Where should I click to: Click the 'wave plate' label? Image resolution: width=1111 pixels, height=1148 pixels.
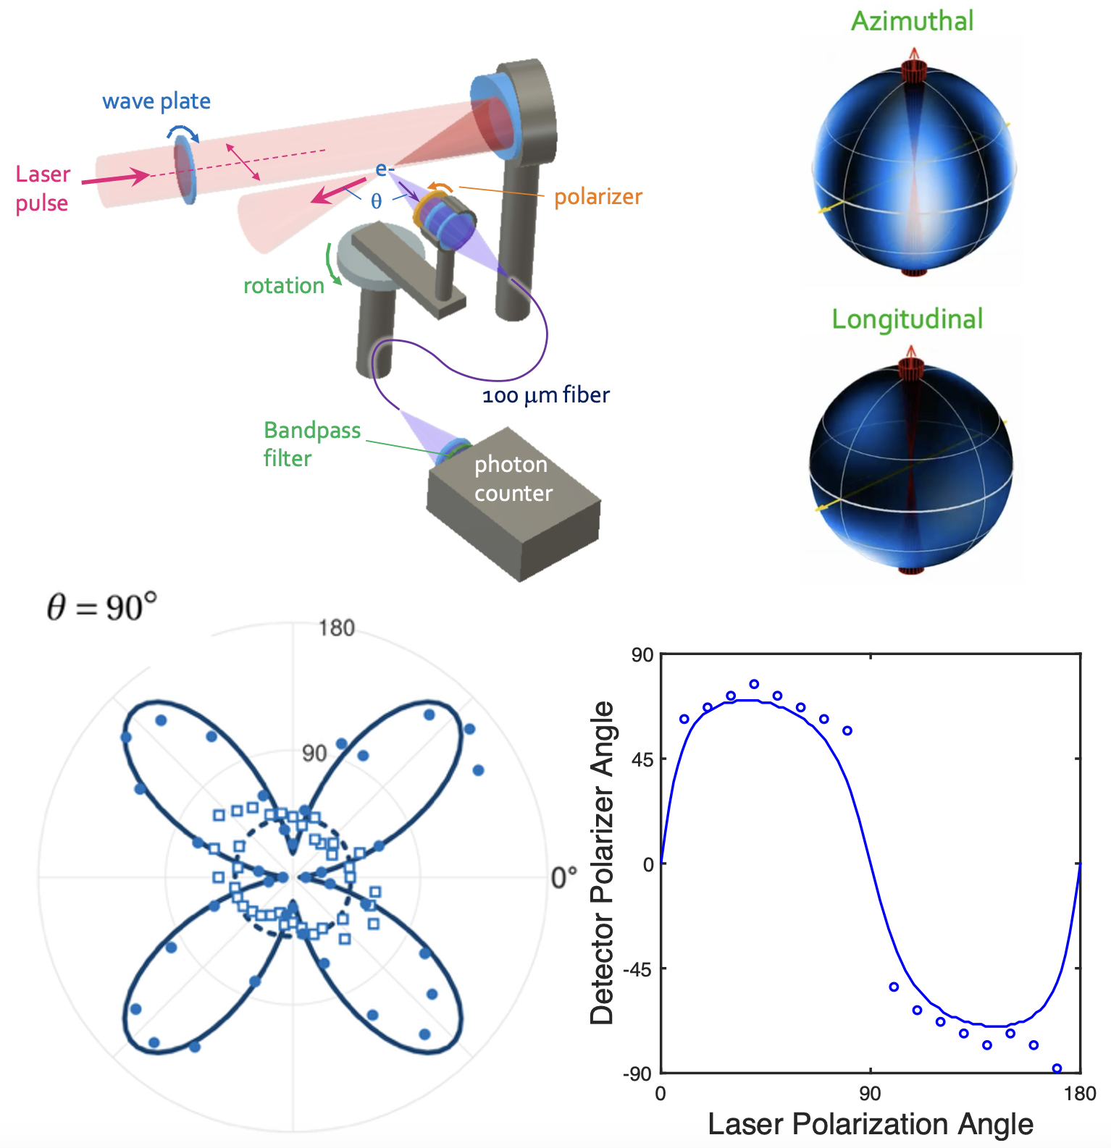click(156, 101)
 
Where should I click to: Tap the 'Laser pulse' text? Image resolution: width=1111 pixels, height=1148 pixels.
click(43, 188)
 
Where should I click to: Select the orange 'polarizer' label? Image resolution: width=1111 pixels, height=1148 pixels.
click(598, 197)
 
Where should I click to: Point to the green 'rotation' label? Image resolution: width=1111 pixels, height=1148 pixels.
click(284, 286)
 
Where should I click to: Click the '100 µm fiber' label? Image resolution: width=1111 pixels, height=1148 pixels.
click(546, 395)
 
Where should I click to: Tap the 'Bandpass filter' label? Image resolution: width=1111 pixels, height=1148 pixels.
click(312, 444)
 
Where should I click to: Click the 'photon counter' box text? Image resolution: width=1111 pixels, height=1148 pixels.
click(513, 478)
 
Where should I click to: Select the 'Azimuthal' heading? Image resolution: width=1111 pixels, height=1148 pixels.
click(912, 21)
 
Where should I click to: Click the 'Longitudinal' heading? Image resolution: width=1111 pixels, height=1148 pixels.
click(907, 319)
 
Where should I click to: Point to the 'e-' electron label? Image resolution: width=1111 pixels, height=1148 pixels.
click(385, 170)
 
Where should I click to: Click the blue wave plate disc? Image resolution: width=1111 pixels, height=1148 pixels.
click(185, 172)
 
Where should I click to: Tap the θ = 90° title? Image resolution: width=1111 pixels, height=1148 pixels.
click(102, 607)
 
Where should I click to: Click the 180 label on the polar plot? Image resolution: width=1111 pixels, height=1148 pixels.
click(337, 628)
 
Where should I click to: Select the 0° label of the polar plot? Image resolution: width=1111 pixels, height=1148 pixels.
click(564, 877)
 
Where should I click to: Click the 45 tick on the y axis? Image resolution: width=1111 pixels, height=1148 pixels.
click(643, 759)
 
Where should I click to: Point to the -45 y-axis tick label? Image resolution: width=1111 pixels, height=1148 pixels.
click(640, 968)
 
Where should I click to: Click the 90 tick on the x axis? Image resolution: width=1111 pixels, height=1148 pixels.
click(870, 1093)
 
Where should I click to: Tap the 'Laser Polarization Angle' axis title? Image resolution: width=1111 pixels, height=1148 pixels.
click(871, 1124)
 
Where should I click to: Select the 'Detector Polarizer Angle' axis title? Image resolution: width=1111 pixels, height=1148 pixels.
click(603, 863)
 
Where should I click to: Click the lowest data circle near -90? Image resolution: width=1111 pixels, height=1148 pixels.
click(1057, 1068)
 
